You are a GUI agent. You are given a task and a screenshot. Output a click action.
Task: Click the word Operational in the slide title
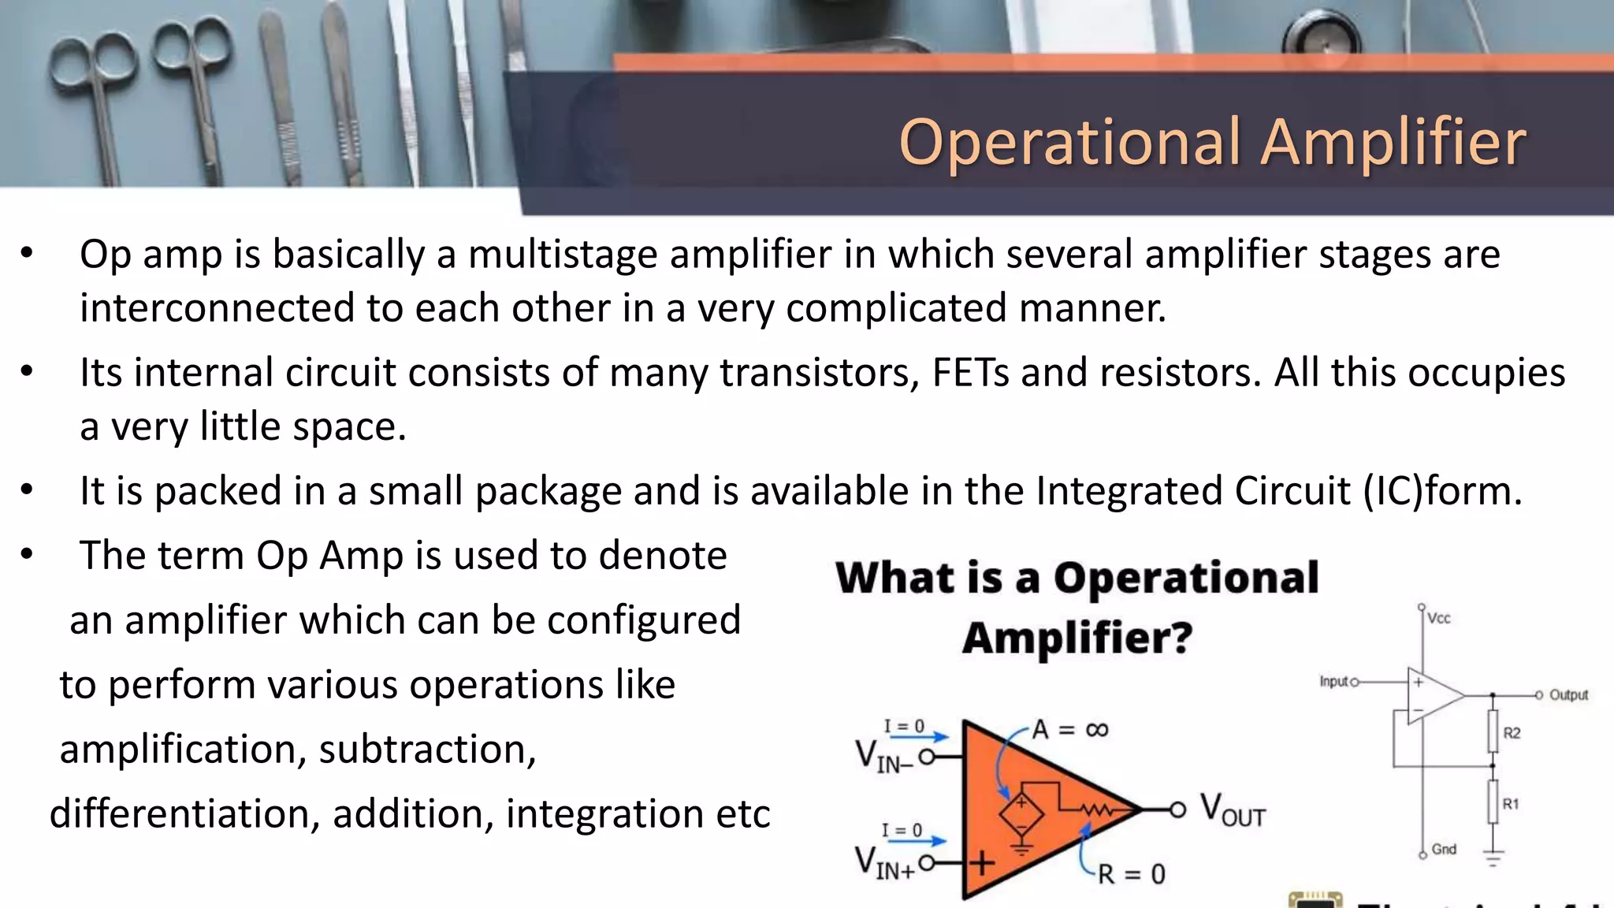tap(1069, 143)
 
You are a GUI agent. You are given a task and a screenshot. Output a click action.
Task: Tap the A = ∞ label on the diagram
tap(1069, 730)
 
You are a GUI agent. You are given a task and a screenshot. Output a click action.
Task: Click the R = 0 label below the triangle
tap(1131, 874)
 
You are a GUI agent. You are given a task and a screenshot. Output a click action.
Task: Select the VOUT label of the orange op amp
tap(1232, 811)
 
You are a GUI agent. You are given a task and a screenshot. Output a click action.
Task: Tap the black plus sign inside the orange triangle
tap(982, 863)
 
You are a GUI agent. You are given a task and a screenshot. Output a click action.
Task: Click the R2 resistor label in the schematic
tap(1512, 733)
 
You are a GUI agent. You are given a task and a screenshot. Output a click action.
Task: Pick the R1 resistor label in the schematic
tap(1511, 804)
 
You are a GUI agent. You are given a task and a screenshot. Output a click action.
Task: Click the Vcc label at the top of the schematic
tap(1438, 619)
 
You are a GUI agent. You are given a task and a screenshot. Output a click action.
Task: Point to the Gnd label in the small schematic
tap(1444, 849)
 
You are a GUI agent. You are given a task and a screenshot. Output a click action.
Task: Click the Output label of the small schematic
tap(1568, 695)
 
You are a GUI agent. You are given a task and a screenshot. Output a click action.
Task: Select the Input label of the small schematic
tap(1334, 681)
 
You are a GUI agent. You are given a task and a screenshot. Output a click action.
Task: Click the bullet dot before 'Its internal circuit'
tap(27, 371)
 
